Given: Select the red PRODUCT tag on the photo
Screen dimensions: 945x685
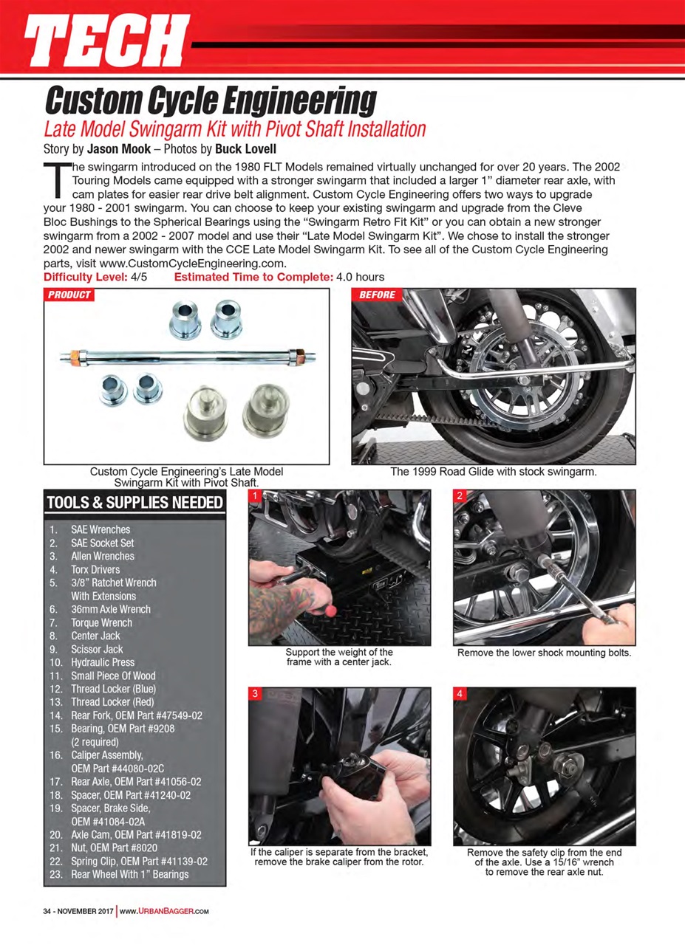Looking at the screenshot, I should tap(69, 295).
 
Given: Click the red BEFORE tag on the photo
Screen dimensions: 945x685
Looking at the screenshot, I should tap(378, 295).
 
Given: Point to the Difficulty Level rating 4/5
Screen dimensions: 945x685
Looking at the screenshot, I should tap(139, 278).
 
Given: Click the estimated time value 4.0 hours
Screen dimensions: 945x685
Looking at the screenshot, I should tap(360, 278).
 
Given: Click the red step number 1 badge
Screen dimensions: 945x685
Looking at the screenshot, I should tap(255, 495).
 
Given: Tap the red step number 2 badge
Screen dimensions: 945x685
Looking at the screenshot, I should tap(459, 495).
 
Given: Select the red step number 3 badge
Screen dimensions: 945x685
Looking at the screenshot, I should tap(255, 694).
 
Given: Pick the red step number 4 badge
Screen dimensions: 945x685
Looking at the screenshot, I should tap(459, 694).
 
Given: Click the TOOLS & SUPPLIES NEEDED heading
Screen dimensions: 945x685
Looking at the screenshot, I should tap(134, 504).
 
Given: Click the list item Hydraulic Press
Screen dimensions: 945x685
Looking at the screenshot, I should tap(103, 662).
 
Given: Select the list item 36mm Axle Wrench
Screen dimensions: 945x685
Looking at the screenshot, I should tap(110, 609).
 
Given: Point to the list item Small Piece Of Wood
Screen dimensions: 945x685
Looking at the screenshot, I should tap(113, 676).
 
